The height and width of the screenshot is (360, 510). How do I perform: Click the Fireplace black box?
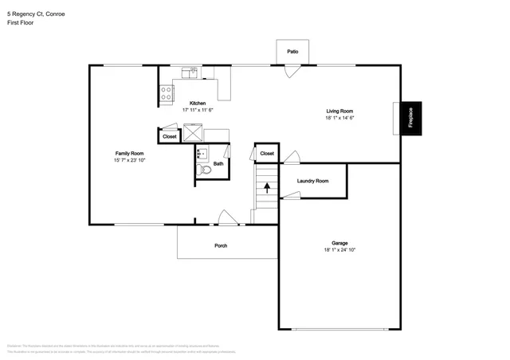(410, 118)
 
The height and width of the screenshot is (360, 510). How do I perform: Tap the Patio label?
(292, 52)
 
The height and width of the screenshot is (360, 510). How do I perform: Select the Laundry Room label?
(312, 182)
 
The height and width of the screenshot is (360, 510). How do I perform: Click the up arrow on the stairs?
(267, 189)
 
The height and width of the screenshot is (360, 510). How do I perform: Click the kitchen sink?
(190, 72)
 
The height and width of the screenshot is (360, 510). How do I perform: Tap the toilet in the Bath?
(204, 169)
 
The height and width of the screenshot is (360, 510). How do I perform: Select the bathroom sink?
(202, 154)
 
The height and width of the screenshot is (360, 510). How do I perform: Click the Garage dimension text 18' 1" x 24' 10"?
(339, 250)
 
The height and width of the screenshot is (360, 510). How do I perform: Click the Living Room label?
(339, 111)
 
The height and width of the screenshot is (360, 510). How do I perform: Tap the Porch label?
(221, 245)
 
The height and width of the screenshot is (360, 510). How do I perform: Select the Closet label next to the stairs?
(267, 153)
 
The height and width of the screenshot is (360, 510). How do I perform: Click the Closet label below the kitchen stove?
(170, 137)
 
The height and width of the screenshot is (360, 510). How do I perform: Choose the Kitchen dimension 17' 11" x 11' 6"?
(198, 110)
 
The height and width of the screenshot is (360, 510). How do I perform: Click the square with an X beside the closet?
(194, 133)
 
